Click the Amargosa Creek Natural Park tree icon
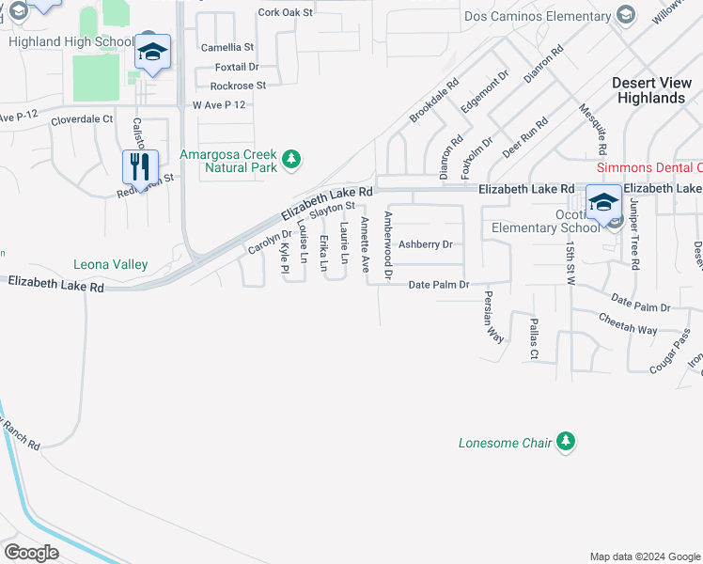click(291, 159)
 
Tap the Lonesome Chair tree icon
click(565, 441)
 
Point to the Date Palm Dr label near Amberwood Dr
click(438, 284)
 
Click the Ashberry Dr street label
click(426, 244)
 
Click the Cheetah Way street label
click(628, 323)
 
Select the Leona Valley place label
click(111, 265)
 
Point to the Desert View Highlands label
click(648, 90)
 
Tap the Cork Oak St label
click(285, 12)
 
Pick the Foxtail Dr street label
click(236, 67)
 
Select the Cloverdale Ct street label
click(82, 119)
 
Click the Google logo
click(31, 552)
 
